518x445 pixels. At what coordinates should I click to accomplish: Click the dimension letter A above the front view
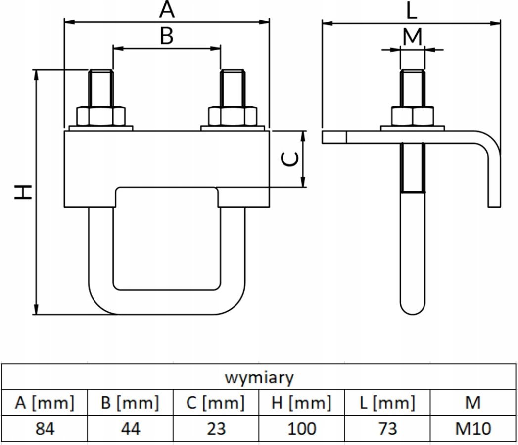tap(167, 9)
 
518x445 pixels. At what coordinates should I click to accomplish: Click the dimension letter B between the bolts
tap(167, 36)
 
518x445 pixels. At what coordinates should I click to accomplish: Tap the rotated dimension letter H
tap(23, 192)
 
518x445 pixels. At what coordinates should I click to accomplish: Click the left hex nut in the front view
tap(101, 116)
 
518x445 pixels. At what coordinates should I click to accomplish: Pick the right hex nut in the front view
tap(233, 116)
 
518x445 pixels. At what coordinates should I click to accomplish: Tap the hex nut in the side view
tap(413, 116)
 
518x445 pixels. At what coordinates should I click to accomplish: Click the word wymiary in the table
tap(259, 377)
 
